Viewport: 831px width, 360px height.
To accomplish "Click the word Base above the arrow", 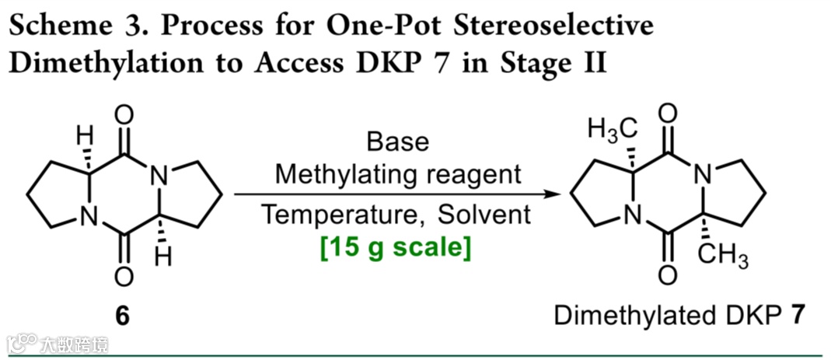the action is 397,142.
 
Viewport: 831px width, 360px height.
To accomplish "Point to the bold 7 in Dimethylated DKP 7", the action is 795,317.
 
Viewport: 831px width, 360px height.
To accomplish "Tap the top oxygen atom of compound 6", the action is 123,117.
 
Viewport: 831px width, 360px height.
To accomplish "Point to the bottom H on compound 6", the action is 161,258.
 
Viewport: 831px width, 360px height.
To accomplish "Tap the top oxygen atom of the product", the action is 666,116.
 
